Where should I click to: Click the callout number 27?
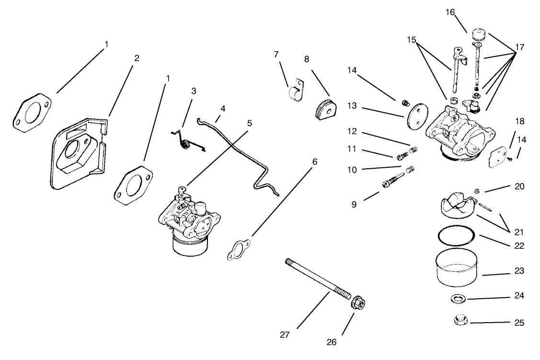tap(285, 335)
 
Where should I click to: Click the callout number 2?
tap(137, 58)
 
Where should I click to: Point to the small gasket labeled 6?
tap(238, 250)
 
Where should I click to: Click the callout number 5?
tap(249, 123)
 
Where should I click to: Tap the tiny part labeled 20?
tap(477, 192)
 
